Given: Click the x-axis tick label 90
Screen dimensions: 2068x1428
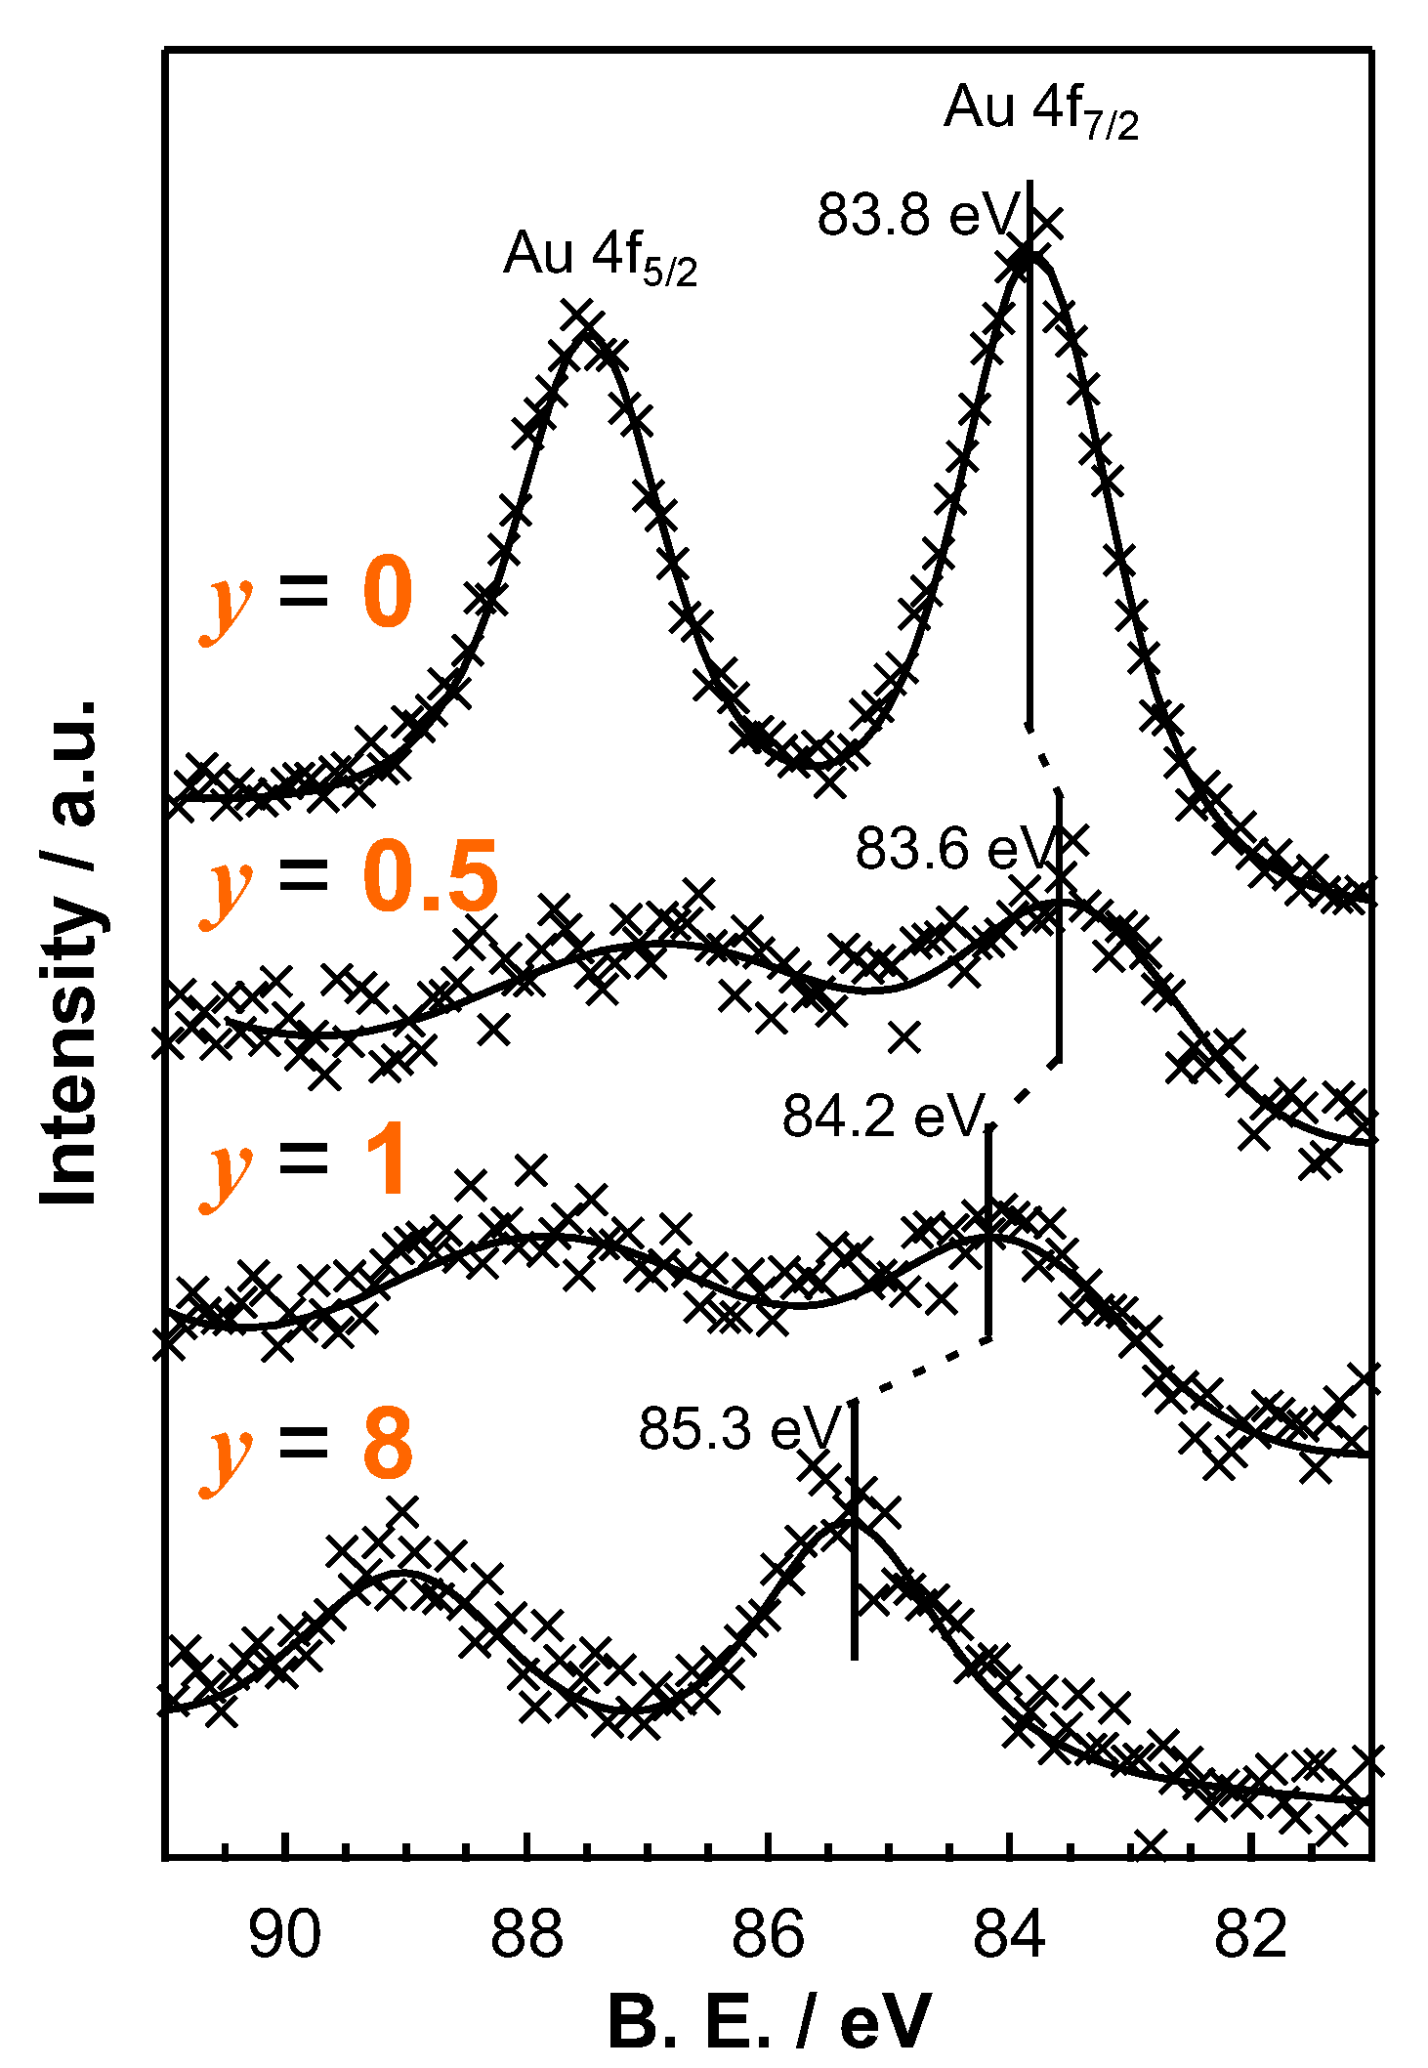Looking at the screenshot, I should (x=284, y=1933).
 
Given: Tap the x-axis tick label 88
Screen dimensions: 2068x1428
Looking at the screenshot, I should (x=526, y=1933).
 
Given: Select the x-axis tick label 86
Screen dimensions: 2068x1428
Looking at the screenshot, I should (x=769, y=1933).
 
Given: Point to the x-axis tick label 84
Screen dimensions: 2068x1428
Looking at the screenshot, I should (x=1010, y=1933).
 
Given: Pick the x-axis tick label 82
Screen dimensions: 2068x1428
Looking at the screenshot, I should (x=1251, y=1933).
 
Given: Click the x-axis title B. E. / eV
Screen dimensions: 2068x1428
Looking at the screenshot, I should (x=769, y=2020).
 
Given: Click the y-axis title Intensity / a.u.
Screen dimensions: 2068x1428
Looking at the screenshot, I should (x=70, y=952).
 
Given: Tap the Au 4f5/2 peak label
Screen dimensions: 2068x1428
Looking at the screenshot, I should (x=600, y=256).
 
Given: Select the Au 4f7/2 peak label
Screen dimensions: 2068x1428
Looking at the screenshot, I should (x=1041, y=110).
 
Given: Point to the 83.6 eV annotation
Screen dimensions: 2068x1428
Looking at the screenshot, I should (x=955, y=848).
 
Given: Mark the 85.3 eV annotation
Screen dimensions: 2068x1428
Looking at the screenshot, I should (x=739, y=1429).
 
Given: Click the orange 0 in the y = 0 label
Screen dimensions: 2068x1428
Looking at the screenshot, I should (x=388, y=594).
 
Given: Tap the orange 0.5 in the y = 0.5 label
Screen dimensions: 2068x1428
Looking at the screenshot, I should (x=431, y=876).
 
